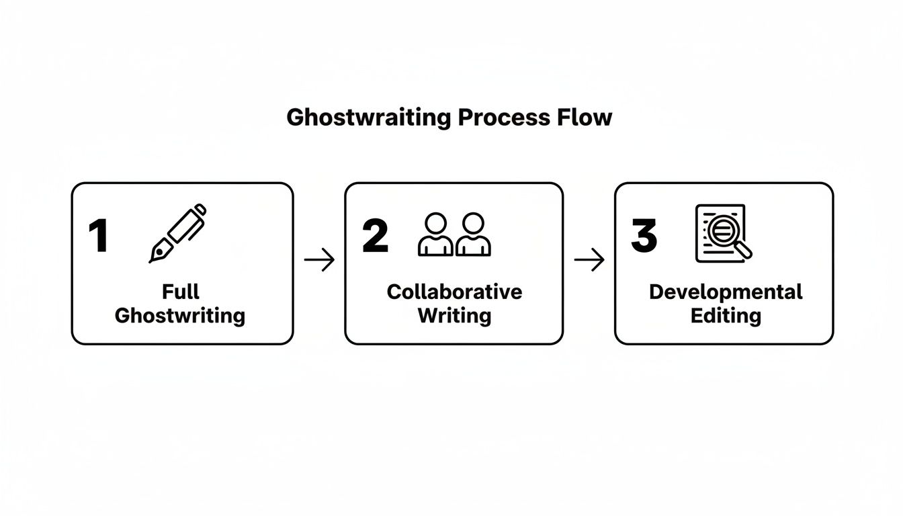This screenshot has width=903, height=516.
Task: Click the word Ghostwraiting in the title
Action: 368,118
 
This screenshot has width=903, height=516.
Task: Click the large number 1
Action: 99,236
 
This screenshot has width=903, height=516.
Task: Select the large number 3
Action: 644,236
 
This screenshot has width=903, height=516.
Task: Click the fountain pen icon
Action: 178,232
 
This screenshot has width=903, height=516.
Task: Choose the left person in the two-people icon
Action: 435,235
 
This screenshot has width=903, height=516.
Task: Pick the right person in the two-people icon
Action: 473,235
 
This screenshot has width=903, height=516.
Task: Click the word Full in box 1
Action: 181,292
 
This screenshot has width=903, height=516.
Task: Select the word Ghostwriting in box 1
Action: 180,316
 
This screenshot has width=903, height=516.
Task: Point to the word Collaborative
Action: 454,292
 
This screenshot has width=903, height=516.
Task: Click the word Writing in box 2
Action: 454,316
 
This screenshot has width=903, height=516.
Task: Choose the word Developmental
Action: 726,292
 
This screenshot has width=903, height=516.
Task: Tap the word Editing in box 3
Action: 726,316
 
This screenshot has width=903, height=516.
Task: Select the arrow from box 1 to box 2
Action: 319,260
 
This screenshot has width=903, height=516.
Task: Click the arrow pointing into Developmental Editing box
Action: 589,260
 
